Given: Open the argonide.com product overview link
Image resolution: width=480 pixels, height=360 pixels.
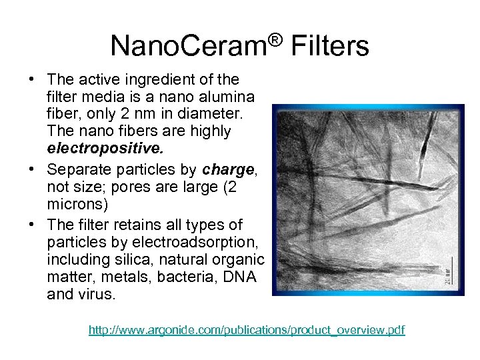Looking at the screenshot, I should click(x=247, y=330).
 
